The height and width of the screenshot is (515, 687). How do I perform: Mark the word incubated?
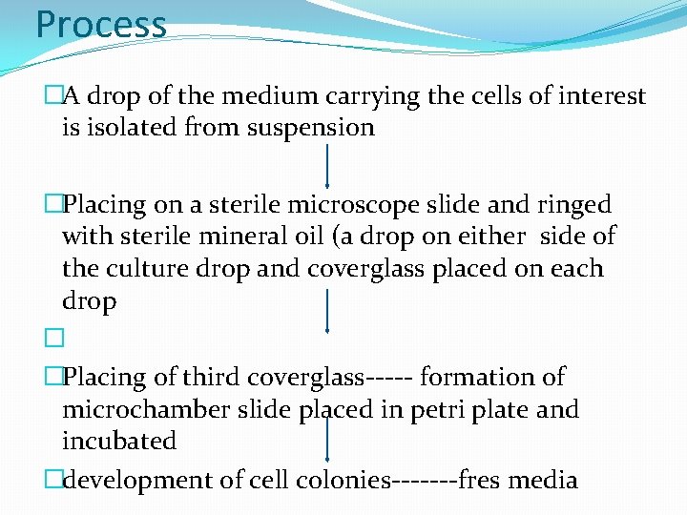[119, 442]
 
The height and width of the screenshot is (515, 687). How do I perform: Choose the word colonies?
[344, 480]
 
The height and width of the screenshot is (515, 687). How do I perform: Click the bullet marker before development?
[53, 480]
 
